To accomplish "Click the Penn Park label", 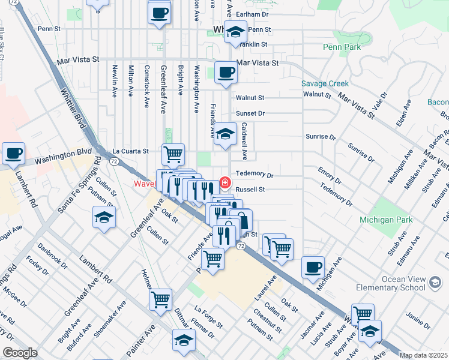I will tap(341, 46).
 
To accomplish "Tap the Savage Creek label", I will tap(325, 84).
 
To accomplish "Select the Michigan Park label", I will tap(386, 220).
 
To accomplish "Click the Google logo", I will tap(20, 353).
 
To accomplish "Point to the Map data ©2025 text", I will tap(423, 355).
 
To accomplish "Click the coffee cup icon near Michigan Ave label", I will tap(313, 267).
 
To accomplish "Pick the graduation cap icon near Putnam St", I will tap(104, 217).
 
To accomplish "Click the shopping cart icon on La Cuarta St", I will tap(173, 154).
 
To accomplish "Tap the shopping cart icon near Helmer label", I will tap(160, 299).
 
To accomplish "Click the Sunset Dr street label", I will tap(250, 113).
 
